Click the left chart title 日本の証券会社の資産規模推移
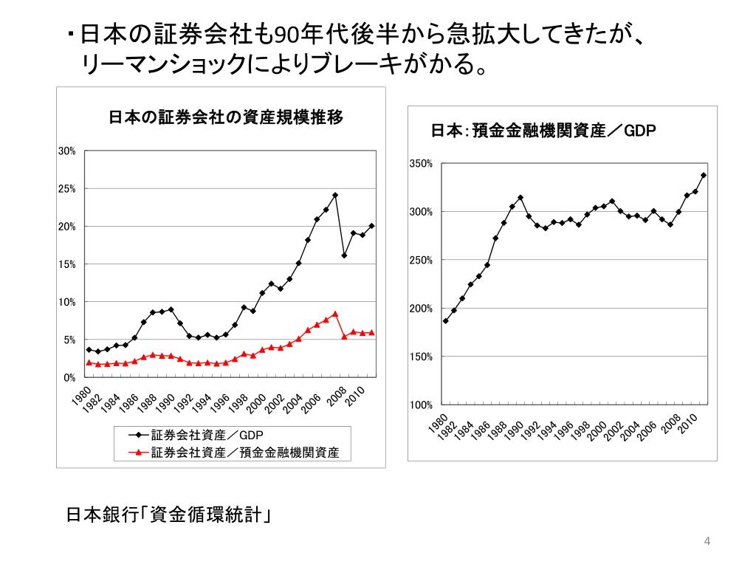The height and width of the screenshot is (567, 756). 226,117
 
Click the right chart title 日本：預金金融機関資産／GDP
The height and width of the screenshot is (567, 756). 543,131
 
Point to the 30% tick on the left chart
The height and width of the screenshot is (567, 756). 67,151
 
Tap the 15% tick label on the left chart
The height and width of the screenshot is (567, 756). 67,264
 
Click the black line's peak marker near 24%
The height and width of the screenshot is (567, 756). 335,196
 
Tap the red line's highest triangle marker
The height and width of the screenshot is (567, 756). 335,314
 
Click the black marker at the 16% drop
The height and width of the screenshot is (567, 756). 344,255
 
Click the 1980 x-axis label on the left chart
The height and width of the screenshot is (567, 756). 82,395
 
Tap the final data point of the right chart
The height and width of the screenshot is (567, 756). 704,175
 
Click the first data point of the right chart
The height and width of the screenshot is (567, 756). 445,321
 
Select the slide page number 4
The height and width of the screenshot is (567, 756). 707,543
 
